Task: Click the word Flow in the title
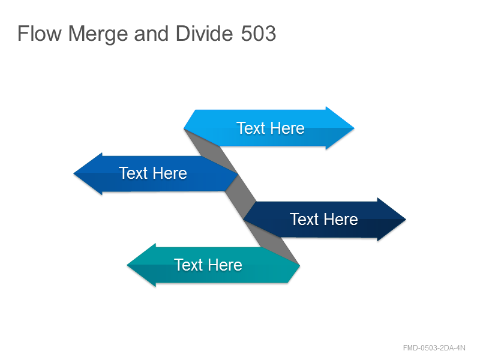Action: coord(40,33)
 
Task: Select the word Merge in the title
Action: coord(98,34)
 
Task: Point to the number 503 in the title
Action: coord(259,33)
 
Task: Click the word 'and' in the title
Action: coord(152,33)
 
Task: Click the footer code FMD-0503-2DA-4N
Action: coord(434,348)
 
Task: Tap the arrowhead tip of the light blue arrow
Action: coord(354,128)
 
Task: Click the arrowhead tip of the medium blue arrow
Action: coord(74,173)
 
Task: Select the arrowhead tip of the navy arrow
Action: coord(406,219)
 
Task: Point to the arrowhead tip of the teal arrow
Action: coord(127,265)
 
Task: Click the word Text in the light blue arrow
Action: coord(251,128)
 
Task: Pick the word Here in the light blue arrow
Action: coord(287,128)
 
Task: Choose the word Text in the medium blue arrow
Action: coord(133,173)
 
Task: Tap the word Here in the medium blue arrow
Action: coord(170,173)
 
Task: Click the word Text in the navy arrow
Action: coord(304,219)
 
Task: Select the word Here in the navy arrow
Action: coord(341,219)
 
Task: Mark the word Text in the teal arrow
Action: coord(188,265)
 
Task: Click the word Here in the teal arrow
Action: coord(225,265)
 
